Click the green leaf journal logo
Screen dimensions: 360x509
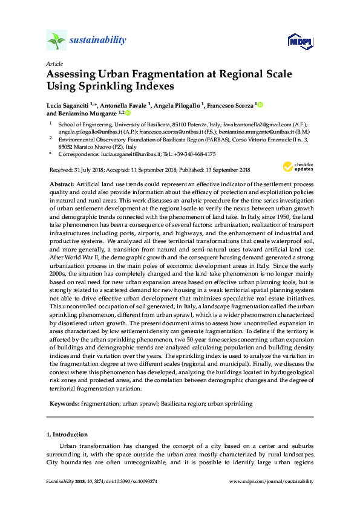[x=56, y=41]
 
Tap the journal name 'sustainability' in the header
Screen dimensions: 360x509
[x=98, y=41]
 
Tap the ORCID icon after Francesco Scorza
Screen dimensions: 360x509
[x=261, y=105]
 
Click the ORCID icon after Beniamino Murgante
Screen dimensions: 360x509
[x=128, y=113]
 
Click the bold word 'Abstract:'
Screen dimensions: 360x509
[x=61, y=183]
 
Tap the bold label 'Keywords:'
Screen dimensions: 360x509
[x=62, y=403]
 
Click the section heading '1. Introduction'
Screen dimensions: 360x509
[x=67, y=434]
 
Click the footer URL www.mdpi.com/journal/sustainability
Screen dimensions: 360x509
[x=272, y=482]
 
